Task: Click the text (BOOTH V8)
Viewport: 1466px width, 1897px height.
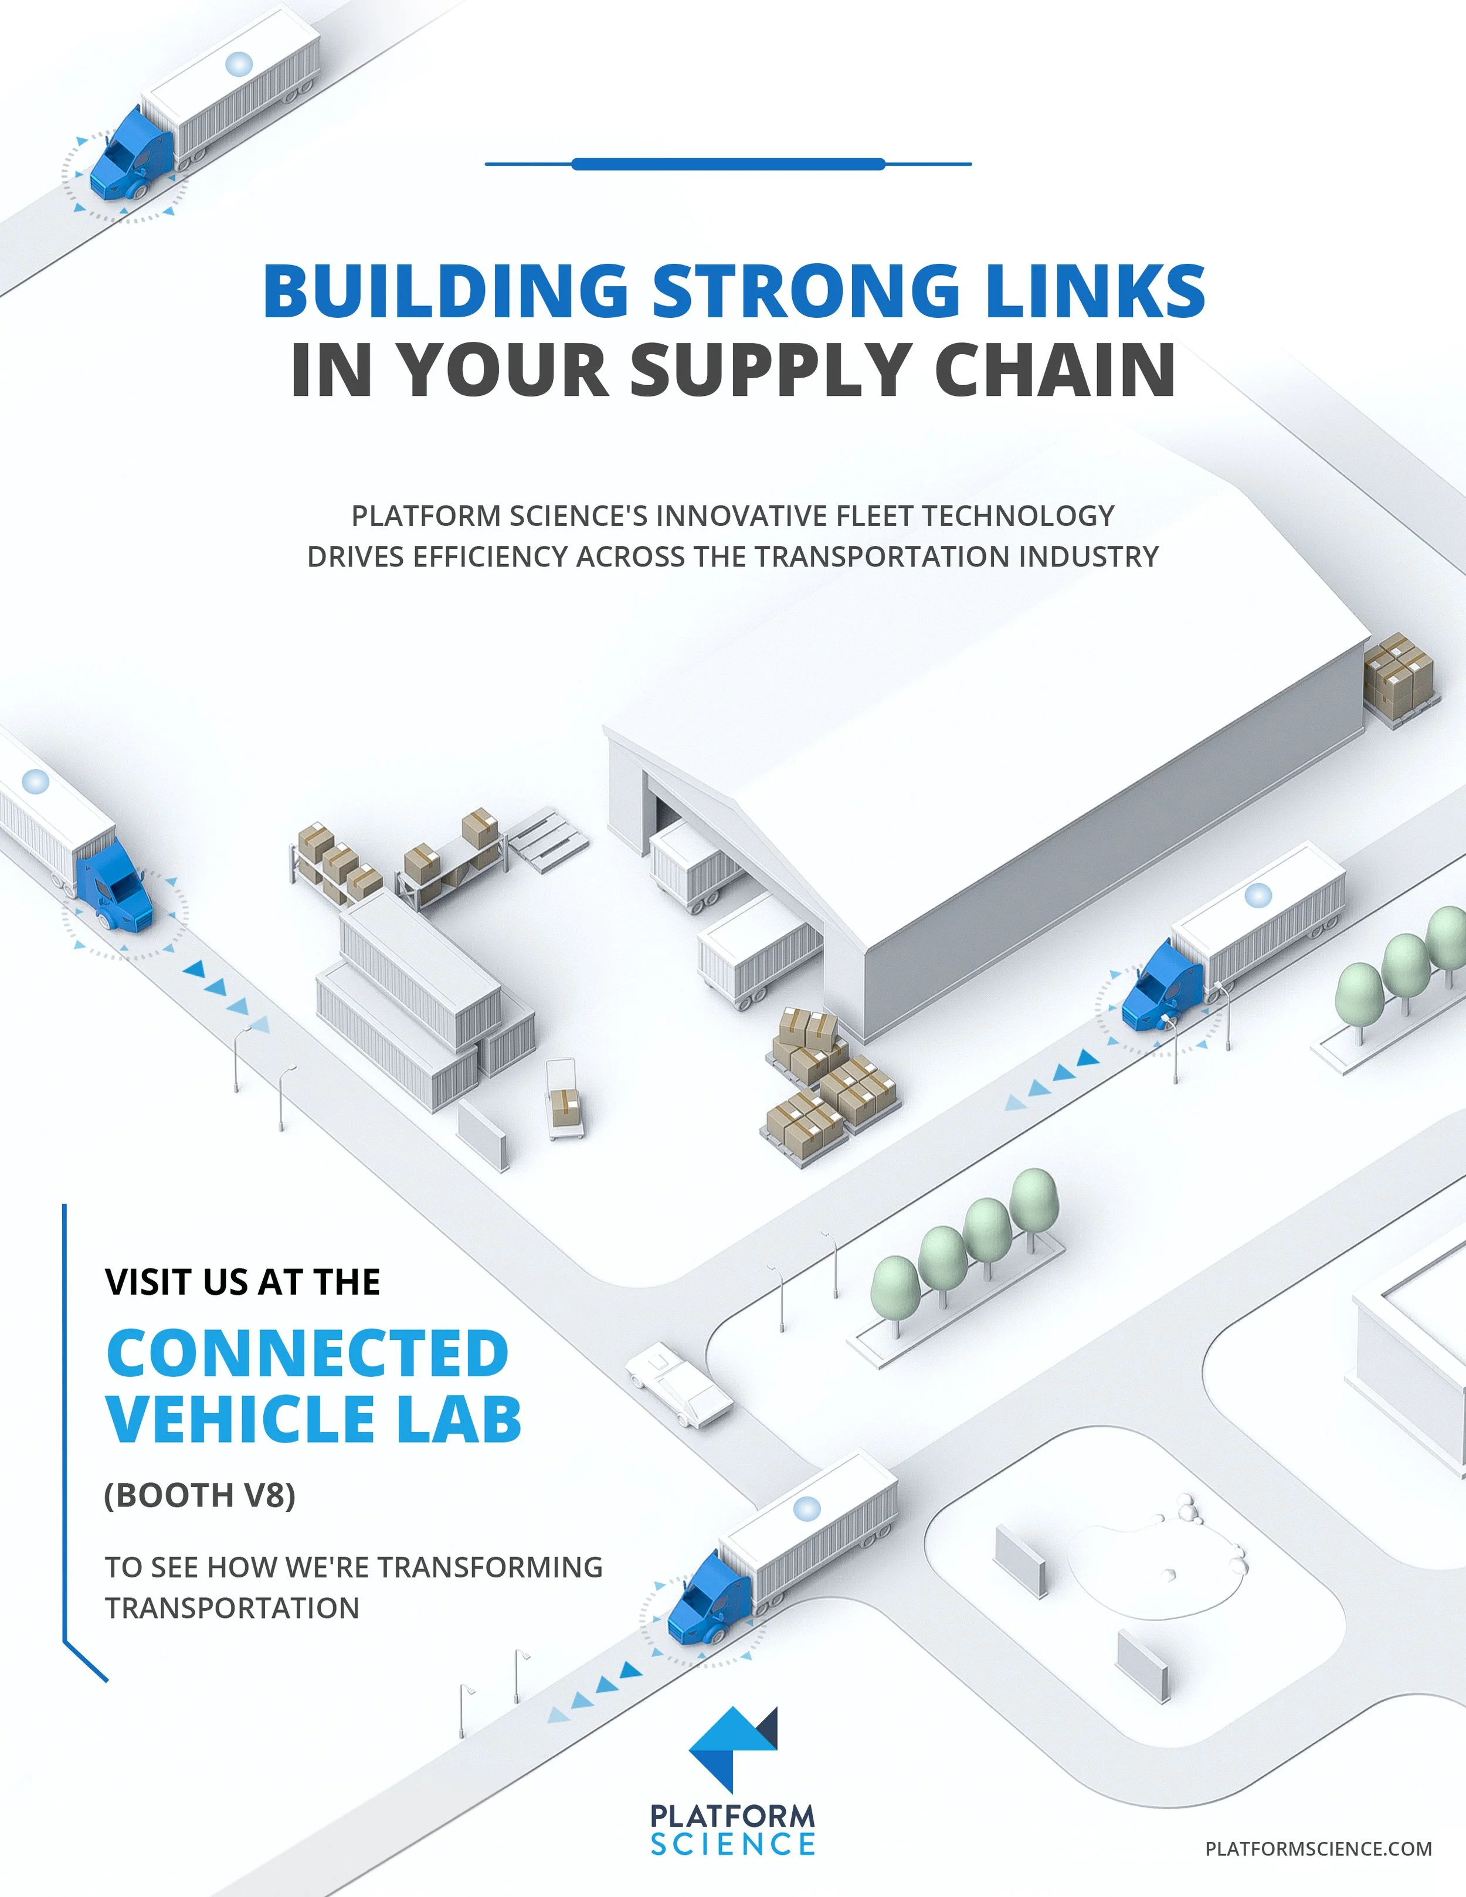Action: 200,1495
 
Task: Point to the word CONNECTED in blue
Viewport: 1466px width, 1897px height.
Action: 307,1354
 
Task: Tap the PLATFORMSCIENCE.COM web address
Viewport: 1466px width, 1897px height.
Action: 1318,1848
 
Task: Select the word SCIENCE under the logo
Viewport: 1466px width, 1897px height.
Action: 732,1843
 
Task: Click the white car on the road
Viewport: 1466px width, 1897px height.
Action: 678,1386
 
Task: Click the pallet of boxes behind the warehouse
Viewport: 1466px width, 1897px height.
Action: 1398,677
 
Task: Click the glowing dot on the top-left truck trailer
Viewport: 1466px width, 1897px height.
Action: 239,63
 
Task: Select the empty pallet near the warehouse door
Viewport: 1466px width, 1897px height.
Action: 547,838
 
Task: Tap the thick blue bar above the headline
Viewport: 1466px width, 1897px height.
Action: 728,163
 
